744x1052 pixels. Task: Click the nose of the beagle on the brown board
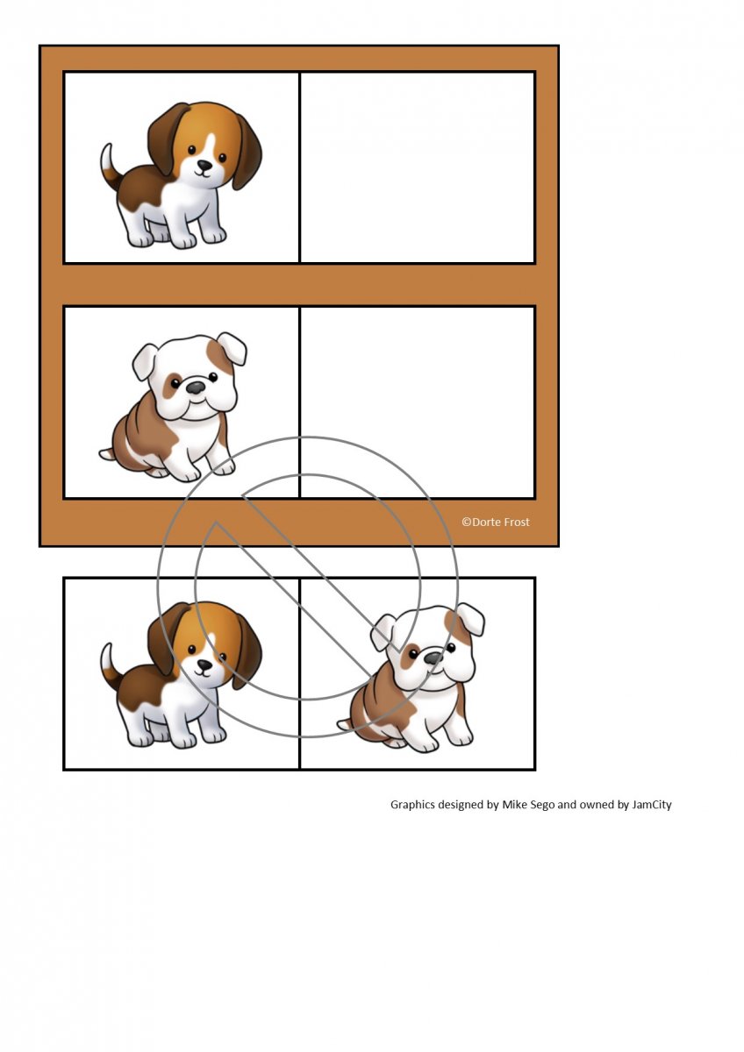pyautogui.click(x=204, y=165)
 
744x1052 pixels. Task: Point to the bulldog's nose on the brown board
pyautogui.click(x=196, y=387)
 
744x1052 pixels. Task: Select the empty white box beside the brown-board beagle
pyautogui.click(x=418, y=167)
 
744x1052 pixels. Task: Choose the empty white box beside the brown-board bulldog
pyautogui.click(x=418, y=402)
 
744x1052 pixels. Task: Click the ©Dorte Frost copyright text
pyautogui.click(x=496, y=522)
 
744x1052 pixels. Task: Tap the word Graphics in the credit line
pyautogui.click(x=412, y=805)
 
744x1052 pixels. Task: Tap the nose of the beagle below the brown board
pyautogui.click(x=204, y=665)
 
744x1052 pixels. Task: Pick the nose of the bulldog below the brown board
pyautogui.click(x=433, y=657)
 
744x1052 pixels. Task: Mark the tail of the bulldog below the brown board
pyautogui.click(x=345, y=725)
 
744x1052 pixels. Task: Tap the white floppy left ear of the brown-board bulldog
pyautogui.click(x=144, y=361)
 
